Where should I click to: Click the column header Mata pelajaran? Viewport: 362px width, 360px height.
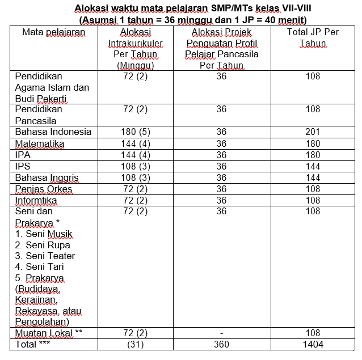pyautogui.click(x=53, y=32)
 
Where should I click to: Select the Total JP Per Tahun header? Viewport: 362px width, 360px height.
pyautogui.click(x=313, y=37)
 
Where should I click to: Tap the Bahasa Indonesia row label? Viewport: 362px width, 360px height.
pyautogui.click(x=53, y=132)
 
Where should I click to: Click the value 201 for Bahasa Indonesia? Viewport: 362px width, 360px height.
pyautogui.click(x=313, y=132)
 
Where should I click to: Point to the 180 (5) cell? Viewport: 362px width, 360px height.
pyautogui.click(x=135, y=132)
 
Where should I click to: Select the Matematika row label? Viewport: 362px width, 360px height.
pyautogui.click(x=40, y=143)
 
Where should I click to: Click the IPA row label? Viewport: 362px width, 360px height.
pyautogui.click(x=24, y=155)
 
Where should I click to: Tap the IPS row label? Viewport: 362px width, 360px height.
pyautogui.click(x=24, y=166)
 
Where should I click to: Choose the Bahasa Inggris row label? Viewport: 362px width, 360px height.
pyautogui.click(x=47, y=177)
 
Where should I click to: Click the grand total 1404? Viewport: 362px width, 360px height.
pyautogui.click(x=313, y=344)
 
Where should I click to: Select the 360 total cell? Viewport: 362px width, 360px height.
pyautogui.click(x=221, y=344)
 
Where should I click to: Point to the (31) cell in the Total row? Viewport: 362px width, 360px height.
pyautogui.click(x=135, y=344)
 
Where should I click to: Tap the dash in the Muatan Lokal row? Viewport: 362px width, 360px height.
pyautogui.click(x=221, y=333)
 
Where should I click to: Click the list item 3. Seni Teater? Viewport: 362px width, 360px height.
pyautogui.click(x=45, y=256)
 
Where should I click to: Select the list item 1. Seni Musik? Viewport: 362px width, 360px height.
pyautogui.click(x=44, y=234)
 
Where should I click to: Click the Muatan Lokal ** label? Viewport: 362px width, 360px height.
pyautogui.click(x=49, y=333)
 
